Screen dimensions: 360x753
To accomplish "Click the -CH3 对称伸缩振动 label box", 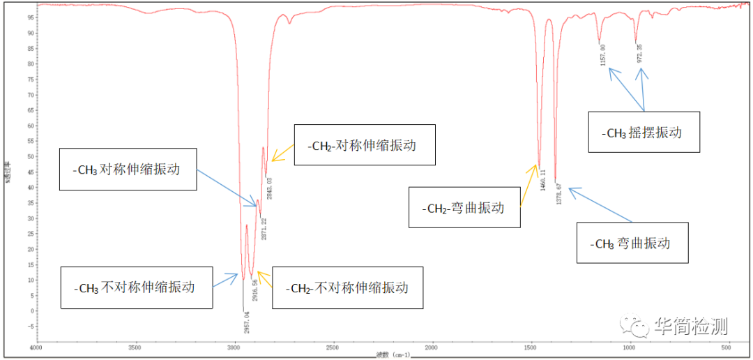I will pos(128,169).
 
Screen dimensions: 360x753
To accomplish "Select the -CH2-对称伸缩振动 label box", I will pos(365,145).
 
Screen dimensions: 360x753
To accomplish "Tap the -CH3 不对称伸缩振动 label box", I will pos(136,287).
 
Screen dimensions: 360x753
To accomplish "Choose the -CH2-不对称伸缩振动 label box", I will pos(347,287).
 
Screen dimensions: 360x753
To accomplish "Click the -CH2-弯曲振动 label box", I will pos(464,207).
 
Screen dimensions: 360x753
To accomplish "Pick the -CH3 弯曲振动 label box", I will pos(632,243).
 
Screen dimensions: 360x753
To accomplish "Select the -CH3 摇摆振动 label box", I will pos(644,132).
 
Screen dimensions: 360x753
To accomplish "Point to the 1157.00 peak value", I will pos(603,55).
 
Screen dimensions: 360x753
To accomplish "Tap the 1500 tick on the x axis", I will pos(531,347).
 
